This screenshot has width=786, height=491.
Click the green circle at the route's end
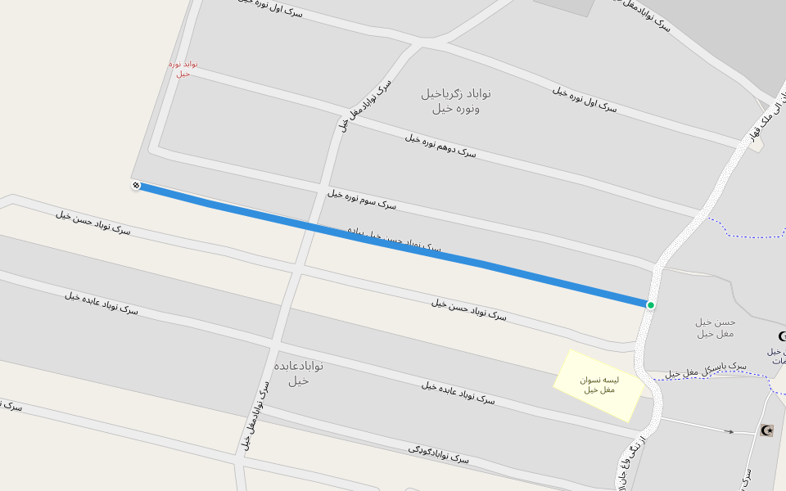point(651,305)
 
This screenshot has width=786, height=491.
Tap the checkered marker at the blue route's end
point(136,186)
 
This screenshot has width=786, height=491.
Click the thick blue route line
point(393,243)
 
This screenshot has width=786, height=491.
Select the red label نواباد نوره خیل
point(183,69)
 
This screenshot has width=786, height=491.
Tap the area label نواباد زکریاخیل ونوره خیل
point(456,100)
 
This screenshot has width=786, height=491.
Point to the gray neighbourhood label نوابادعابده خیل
point(299,372)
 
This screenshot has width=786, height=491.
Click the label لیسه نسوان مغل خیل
point(599,385)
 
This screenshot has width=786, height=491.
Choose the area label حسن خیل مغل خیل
point(716,327)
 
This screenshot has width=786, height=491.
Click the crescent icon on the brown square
point(766,430)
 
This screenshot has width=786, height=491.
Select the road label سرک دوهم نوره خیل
point(440,145)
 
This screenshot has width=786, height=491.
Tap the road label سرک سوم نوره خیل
point(362,199)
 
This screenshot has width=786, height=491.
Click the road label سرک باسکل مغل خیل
point(706,369)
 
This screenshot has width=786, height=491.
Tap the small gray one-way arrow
point(729,431)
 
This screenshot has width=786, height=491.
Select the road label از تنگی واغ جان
point(631,463)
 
